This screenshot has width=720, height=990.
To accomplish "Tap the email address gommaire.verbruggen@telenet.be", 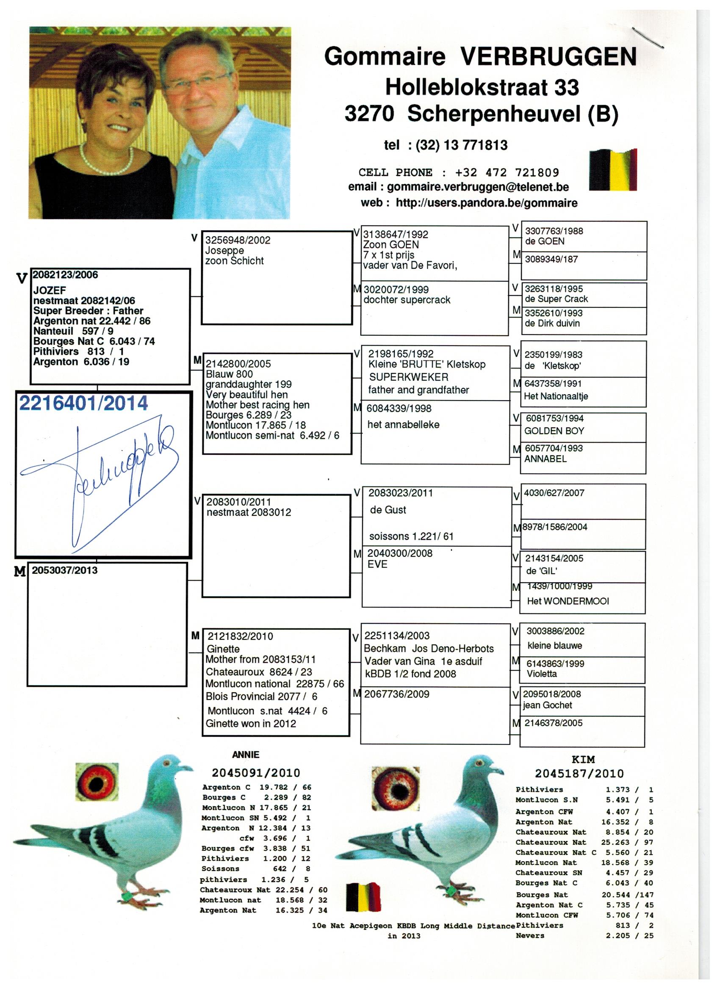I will (478, 187).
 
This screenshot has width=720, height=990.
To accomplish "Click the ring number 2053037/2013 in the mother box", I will (65, 570).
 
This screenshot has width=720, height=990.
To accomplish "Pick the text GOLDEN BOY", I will (554, 431).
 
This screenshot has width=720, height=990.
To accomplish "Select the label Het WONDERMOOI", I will (568, 601).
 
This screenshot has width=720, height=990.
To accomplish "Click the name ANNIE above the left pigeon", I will (245, 755).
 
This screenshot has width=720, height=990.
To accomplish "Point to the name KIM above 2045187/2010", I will (583, 760).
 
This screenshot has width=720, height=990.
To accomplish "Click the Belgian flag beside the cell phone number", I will (612, 170).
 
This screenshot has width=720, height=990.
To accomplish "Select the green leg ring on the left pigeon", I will (127, 897).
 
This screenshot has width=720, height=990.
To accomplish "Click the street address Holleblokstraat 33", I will (482, 87).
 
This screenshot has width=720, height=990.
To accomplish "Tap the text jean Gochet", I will (548, 705).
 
